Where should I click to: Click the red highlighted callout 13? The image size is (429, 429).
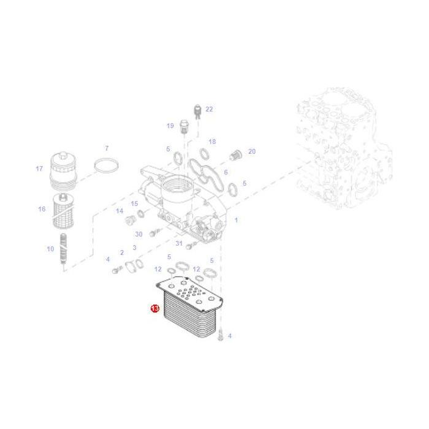point(155,308)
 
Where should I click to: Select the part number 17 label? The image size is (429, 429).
point(39,169)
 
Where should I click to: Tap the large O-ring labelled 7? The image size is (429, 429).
point(106,165)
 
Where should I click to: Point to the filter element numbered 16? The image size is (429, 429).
point(63,210)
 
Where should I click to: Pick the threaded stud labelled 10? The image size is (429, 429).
point(63,248)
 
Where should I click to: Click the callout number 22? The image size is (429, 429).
point(209,109)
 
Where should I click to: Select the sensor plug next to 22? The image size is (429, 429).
point(197,111)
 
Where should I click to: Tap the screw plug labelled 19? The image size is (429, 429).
point(184,127)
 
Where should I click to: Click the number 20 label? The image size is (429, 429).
point(252,151)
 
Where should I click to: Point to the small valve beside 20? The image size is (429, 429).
point(236,155)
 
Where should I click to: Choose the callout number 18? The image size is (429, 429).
point(212,142)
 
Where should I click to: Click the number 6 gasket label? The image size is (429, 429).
point(226,172)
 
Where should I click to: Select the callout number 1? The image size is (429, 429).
point(237,220)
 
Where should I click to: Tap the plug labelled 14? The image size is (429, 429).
point(130,220)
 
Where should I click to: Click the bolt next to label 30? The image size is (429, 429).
point(153,233)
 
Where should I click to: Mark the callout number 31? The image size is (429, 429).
point(179,243)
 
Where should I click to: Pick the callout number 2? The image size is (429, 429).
point(122,252)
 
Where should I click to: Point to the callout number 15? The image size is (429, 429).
point(134,203)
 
